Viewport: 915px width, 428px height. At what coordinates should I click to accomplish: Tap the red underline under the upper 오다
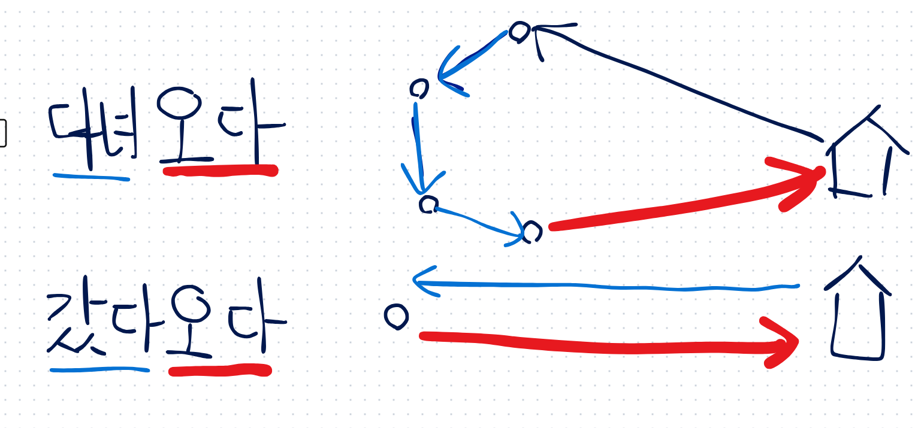[x=220, y=171]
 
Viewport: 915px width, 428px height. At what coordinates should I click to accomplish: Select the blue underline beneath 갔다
[x=99, y=370]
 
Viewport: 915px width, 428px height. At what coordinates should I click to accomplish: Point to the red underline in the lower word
[x=220, y=371]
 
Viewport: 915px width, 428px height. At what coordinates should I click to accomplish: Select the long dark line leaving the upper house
[x=677, y=84]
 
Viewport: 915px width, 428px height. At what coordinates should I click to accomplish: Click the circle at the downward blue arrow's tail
[x=419, y=89]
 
